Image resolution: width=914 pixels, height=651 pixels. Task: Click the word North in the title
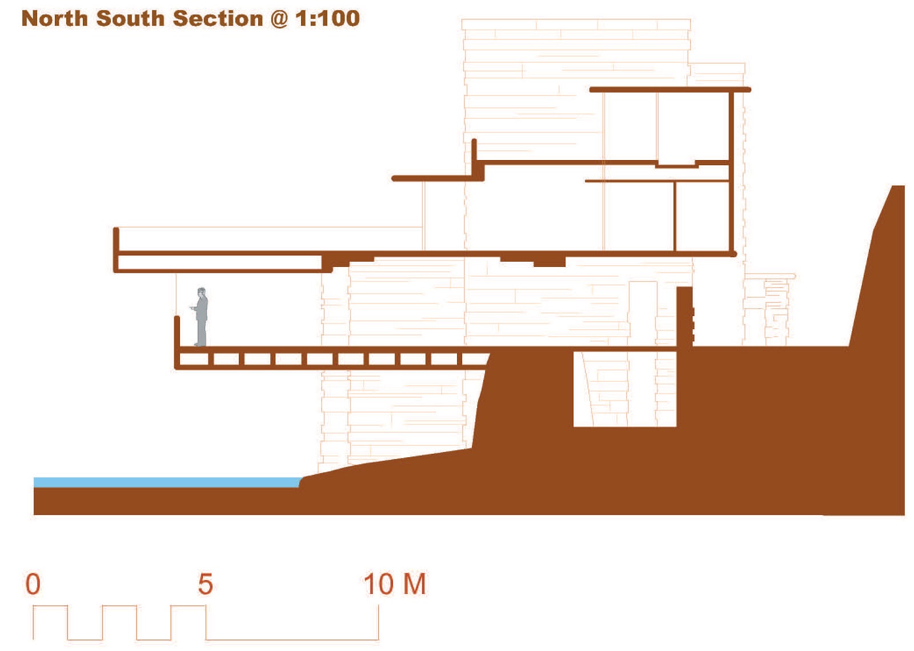[x=55, y=18]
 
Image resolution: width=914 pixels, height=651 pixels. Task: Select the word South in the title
[x=131, y=18]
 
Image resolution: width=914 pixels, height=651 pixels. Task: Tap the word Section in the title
[x=218, y=18]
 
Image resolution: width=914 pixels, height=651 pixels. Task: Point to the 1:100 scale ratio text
[x=327, y=18]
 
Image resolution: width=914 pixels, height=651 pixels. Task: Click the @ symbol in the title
[x=279, y=19]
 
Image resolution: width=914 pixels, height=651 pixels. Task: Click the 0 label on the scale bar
[x=33, y=584]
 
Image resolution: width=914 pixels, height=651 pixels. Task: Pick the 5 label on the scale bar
[x=206, y=584]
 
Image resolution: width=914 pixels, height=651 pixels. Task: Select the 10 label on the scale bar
[x=378, y=584]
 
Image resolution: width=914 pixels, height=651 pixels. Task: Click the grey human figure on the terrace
[x=201, y=318]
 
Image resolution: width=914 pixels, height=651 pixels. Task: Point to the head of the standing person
[x=201, y=291]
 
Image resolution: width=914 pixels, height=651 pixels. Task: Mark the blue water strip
[x=166, y=482]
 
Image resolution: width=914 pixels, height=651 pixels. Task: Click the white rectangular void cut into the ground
[x=624, y=389]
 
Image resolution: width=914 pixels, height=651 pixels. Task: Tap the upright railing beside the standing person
[x=177, y=332]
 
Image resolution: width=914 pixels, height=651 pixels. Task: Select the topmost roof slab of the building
[x=670, y=90]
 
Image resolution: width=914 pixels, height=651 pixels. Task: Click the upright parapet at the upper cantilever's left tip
[x=116, y=240]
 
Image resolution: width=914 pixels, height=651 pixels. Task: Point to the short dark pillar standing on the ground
[x=684, y=316]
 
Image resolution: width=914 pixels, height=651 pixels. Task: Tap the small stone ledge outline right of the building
[x=771, y=277]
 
